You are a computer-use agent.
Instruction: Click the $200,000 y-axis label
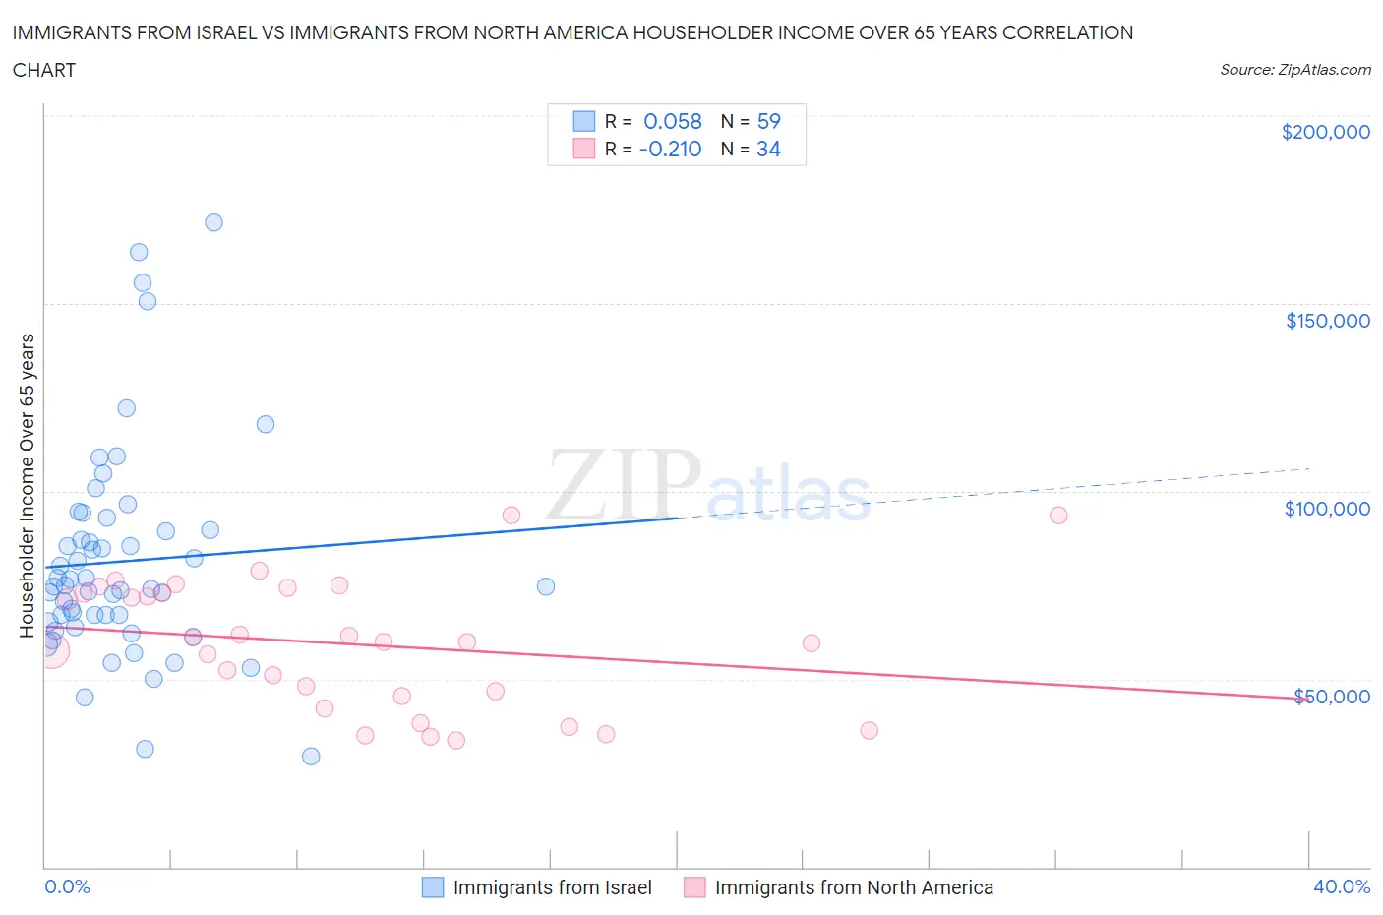point(1325,132)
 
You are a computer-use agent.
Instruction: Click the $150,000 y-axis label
point(1327,321)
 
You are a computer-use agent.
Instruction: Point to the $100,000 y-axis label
point(1327,509)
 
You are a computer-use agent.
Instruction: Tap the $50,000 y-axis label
point(1331,697)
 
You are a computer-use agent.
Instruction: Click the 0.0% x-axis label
point(67,886)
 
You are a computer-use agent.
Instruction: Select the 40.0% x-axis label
point(1342,886)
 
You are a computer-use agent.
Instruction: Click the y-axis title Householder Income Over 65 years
point(28,485)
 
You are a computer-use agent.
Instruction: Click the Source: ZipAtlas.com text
point(1294,70)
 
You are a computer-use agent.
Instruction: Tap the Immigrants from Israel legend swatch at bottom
point(433,887)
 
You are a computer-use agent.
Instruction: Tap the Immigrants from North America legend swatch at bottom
point(694,887)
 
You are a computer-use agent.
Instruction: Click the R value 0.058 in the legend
point(672,121)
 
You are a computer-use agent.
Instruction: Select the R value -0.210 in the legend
point(670,149)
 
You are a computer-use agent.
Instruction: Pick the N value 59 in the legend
point(768,121)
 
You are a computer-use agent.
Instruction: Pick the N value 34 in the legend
point(768,149)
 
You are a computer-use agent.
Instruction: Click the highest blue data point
point(213,222)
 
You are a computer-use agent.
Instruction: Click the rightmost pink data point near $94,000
point(1058,516)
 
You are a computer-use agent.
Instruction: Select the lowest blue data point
point(311,757)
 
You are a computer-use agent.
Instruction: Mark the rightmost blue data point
point(546,586)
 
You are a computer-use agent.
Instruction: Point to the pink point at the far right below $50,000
point(869,730)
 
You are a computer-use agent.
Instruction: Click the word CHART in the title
point(44,70)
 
